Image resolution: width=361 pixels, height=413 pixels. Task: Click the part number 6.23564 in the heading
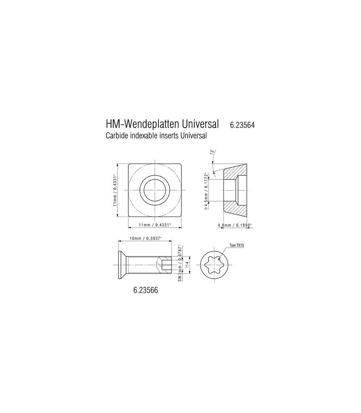coord(242,125)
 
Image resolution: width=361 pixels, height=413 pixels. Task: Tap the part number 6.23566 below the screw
coord(146,290)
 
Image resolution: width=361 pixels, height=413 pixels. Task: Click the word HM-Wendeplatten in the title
coord(142,124)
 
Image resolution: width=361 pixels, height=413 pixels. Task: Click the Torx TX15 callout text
coord(237,245)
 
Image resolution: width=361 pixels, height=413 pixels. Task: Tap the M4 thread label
coord(187,265)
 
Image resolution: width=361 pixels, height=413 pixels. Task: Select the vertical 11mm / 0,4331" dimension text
coord(115,190)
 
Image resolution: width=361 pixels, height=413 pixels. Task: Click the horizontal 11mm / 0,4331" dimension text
coord(155,225)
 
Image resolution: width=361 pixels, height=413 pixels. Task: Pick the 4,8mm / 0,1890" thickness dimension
coord(235,225)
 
